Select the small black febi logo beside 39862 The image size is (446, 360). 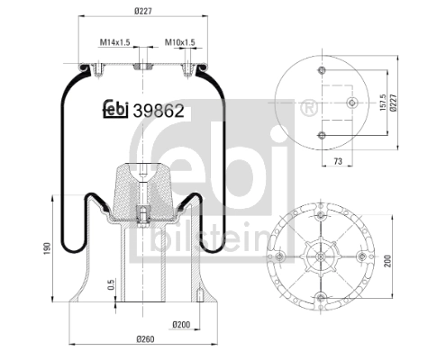(114, 110)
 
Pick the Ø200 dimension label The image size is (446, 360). (181, 324)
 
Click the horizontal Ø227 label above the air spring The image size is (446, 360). (141, 12)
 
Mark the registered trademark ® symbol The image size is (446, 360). (311, 108)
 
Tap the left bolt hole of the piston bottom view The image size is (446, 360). (282, 258)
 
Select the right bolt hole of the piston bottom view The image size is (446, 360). (362, 258)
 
